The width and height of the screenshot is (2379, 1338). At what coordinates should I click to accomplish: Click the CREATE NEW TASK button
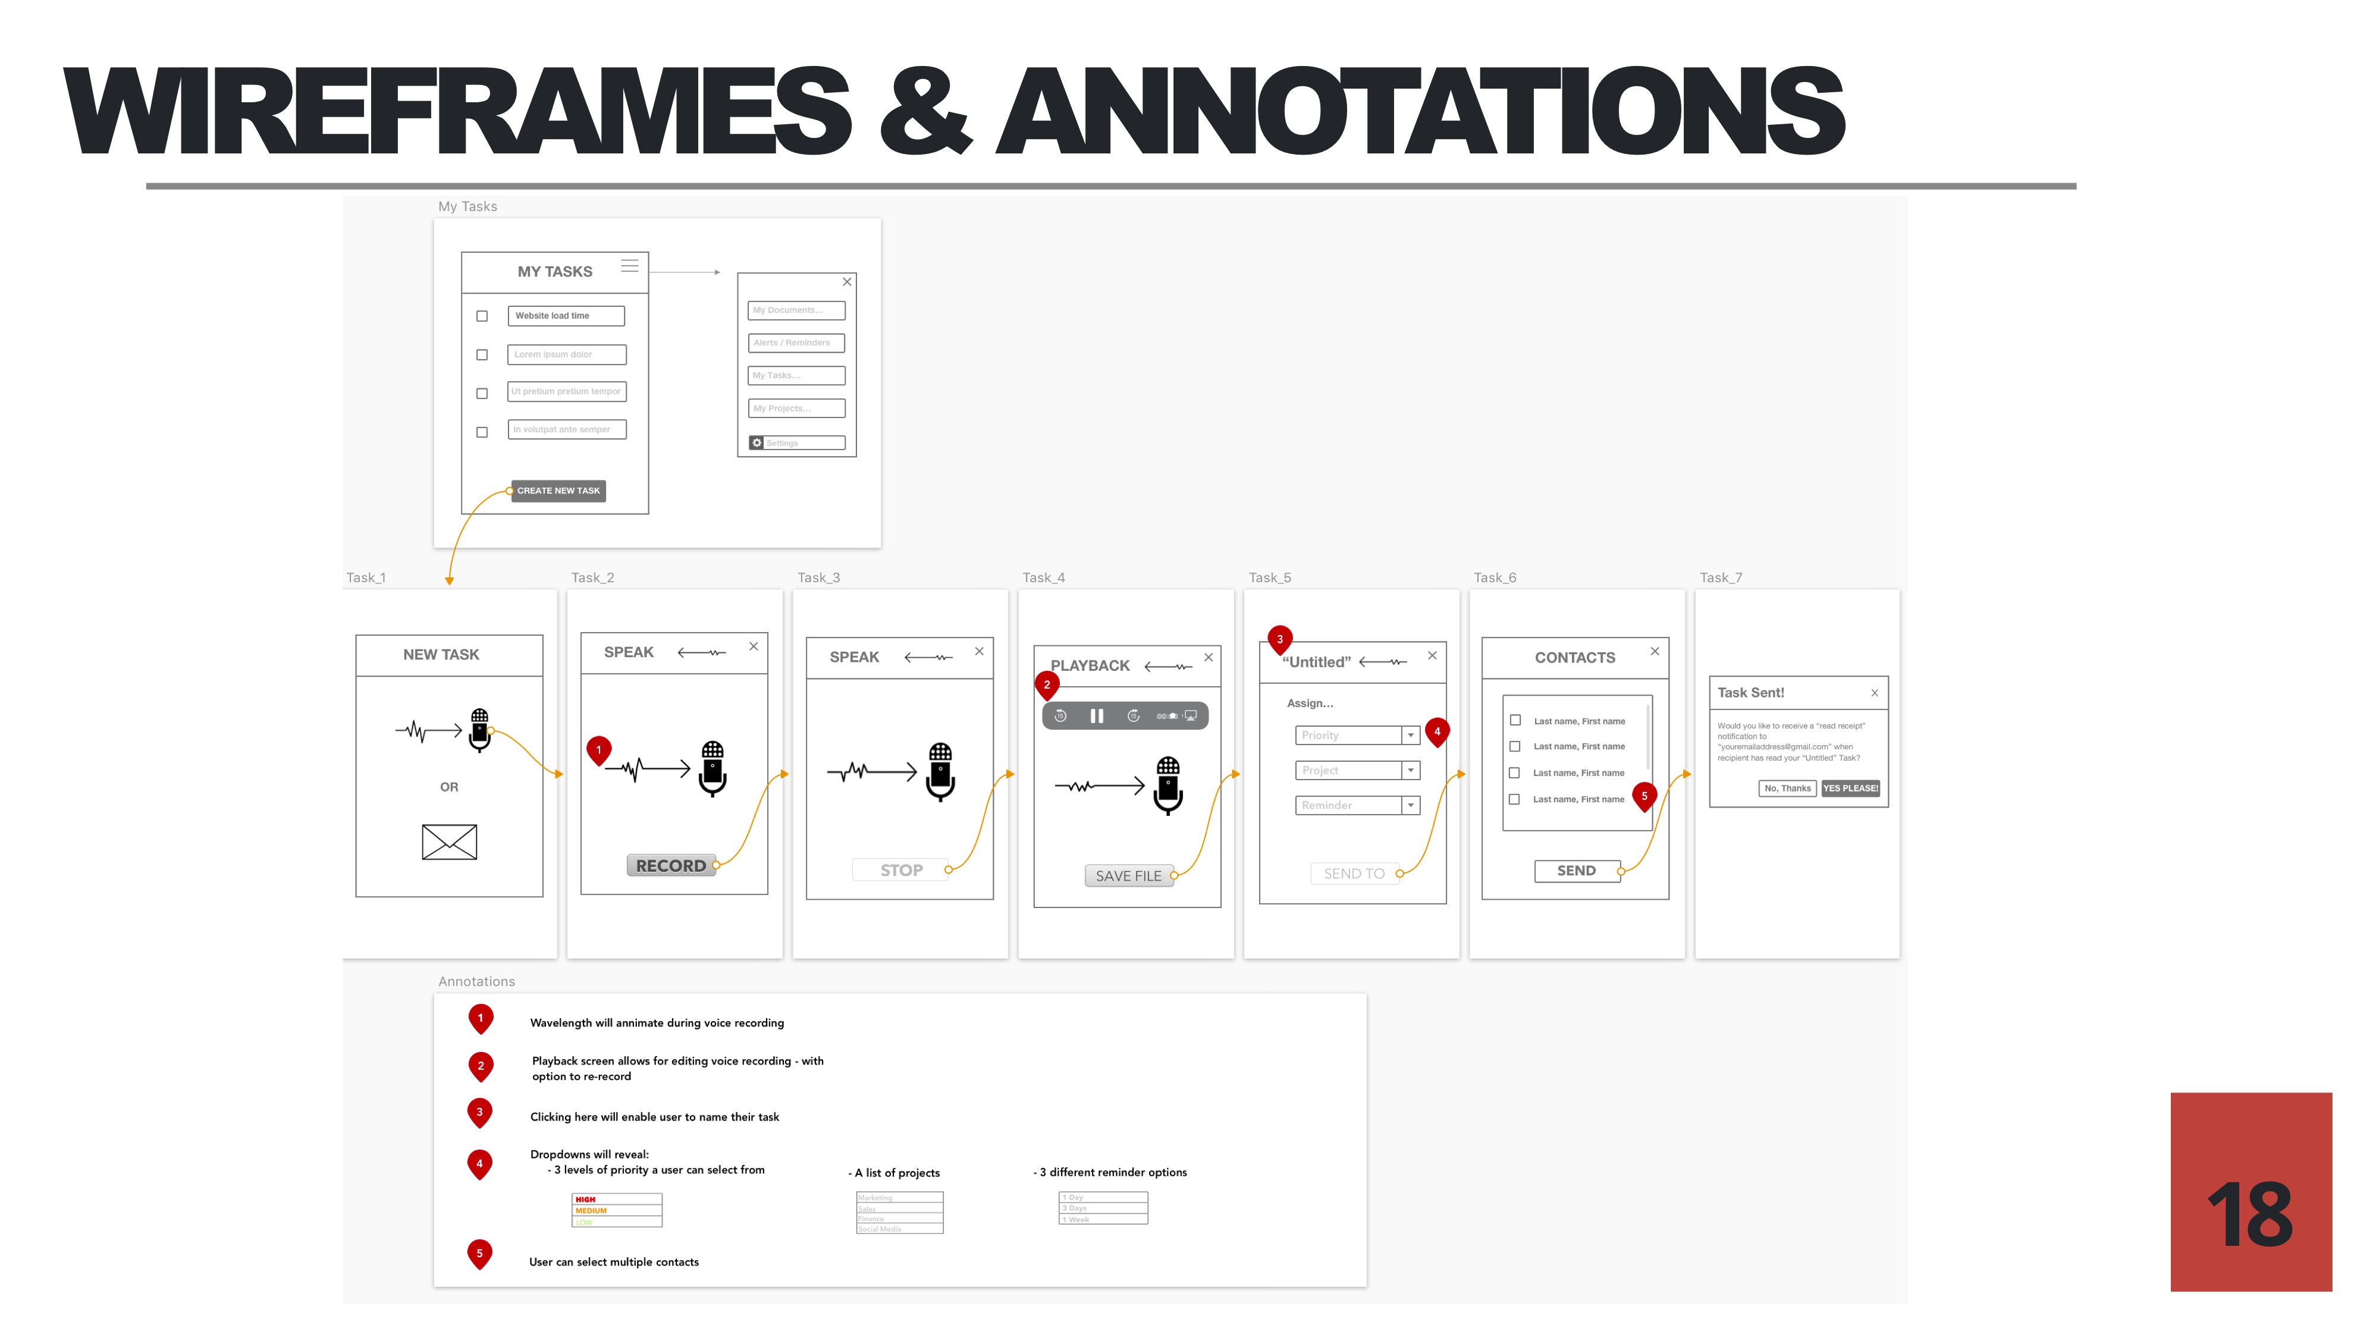coord(558,491)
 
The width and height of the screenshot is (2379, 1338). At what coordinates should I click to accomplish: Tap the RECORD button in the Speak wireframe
coord(670,865)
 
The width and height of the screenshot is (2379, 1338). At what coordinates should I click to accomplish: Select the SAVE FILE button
coord(1128,875)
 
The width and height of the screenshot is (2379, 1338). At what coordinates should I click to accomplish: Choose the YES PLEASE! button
coord(1850,788)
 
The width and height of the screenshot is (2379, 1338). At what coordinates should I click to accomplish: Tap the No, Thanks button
coord(1787,788)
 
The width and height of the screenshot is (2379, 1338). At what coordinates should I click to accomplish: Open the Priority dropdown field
coord(1357,735)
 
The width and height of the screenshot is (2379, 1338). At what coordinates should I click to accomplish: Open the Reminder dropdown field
coord(1357,805)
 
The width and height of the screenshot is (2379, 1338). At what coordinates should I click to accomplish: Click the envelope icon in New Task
coord(449,841)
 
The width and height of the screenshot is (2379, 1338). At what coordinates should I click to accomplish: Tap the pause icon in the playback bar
coord(1096,715)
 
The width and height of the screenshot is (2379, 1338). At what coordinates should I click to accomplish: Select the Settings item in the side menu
coord(796,443)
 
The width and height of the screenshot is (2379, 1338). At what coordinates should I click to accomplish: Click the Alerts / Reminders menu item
coord(796,343)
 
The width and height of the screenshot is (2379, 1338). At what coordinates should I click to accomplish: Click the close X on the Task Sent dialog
coord(1874,693)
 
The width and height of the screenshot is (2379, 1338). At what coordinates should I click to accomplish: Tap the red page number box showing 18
coord(2251,1191)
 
